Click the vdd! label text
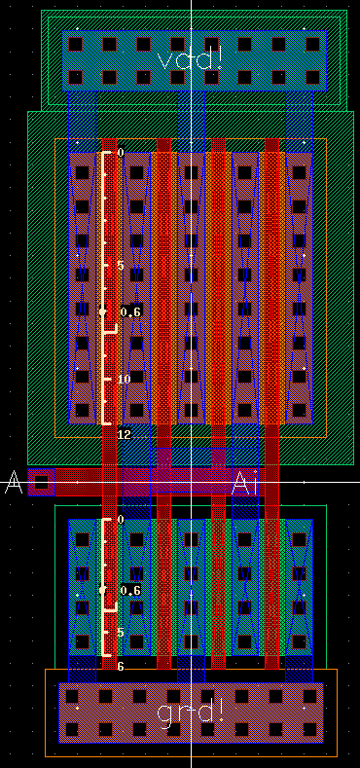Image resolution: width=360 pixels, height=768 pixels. (x=191, y=59)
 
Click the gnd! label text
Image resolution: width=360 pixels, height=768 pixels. (x=191, y=712)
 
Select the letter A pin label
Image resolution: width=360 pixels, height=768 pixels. (x=13, y=482)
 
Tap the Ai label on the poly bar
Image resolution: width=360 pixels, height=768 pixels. (x=244, y=482)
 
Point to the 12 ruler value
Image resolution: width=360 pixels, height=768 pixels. (x=124, y=434)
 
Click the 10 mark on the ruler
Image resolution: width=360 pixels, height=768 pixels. (x=124, y=380)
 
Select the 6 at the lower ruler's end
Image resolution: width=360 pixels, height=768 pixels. (x=121, y=667)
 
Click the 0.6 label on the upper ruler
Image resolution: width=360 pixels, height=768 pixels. (x=130, y=311)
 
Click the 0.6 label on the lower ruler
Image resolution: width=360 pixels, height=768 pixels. (x=130, y=591)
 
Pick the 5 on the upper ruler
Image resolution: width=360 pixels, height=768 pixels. (x=121, y=266)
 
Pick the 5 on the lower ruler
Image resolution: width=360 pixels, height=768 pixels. (x=121, y=633)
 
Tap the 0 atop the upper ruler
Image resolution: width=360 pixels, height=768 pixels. (x=121, y=153)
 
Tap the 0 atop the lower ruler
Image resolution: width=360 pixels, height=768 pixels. (x=121, y=520)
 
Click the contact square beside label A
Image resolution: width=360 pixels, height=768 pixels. (x=41, y=482)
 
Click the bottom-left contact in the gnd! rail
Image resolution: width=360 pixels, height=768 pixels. (x=72, y=729)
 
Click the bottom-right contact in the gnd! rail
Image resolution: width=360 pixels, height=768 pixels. (x=311, y=729)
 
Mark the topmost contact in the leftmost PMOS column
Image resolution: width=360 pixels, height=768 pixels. (x=82, y=172)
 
